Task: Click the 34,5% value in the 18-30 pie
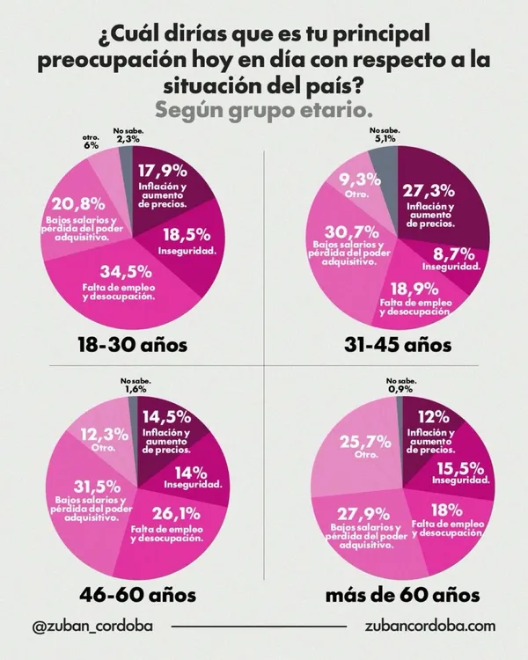[126, 272]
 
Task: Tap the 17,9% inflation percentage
[163, 171]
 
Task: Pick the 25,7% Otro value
[365, 442]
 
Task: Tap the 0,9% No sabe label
[400, 389]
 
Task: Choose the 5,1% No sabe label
[385, 139]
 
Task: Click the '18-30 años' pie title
[133, 345]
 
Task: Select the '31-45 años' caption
[398, 345]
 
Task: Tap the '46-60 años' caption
[137, 595]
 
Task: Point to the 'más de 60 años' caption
[402, 595]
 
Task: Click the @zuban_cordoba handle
[92, 626]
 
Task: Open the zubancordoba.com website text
[430, 626]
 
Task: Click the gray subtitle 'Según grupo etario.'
[264, 111]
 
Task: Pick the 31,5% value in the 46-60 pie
[98, 487]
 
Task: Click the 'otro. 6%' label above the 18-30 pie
[91, 142]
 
